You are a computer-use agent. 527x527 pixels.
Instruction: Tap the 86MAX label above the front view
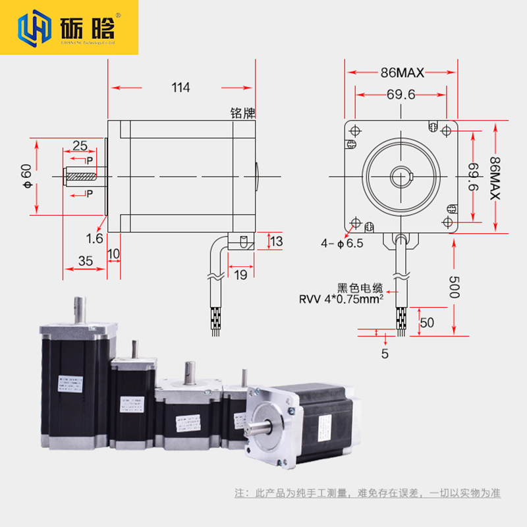[x=402, y=72]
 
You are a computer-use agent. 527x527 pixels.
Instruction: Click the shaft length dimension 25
[x=80, y=145]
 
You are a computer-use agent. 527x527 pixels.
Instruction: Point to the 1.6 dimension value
[x=94, y=238]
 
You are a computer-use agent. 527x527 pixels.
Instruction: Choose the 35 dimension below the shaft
[x=85, y=261]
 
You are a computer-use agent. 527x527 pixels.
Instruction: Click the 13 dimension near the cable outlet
[x=276, y=242]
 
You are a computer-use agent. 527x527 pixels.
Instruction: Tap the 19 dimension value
[x=241, y=275]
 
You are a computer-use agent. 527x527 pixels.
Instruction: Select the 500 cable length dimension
[x=454, y=287]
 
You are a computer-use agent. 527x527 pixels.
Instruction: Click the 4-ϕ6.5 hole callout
[x=342, y=243]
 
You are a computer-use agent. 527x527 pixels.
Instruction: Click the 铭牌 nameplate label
[x=242, y=113]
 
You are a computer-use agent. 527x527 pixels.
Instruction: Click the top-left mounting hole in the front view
[x=356, y=129]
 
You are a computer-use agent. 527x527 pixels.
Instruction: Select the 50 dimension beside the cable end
[x=427, y=323]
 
